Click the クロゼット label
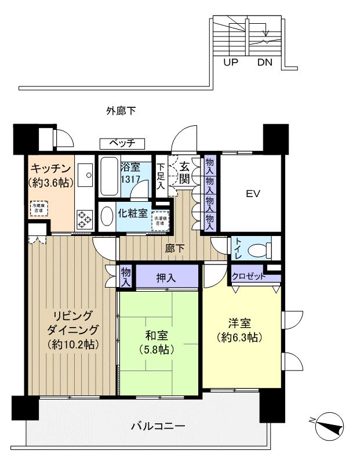249,277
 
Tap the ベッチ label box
122,143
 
